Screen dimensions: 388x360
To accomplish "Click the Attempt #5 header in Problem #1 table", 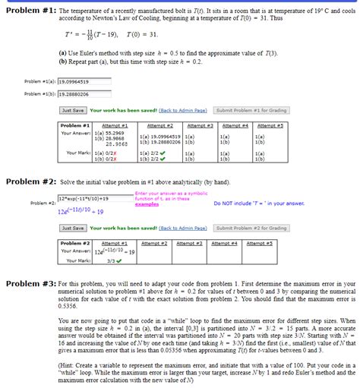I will tap(270, 125).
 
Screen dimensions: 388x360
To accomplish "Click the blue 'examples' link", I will tap(146, 204).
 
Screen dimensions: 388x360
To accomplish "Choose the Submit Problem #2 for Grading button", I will tap(251, 228).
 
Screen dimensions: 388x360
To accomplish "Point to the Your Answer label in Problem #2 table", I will tap(77, 251).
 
